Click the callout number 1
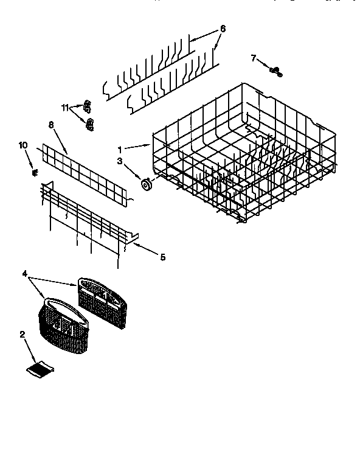[x=120, y=148]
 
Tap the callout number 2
[x=22, y=334]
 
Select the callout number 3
[x=120, y=161]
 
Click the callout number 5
[x=162, y=257]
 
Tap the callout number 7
[x=254, y=58]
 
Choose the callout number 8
[x=52, y=125]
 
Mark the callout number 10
[x=23, y=145]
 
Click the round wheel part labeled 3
[x=147, y=183]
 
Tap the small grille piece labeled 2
[x=42, y=366]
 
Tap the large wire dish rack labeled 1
[x=243, y=152]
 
